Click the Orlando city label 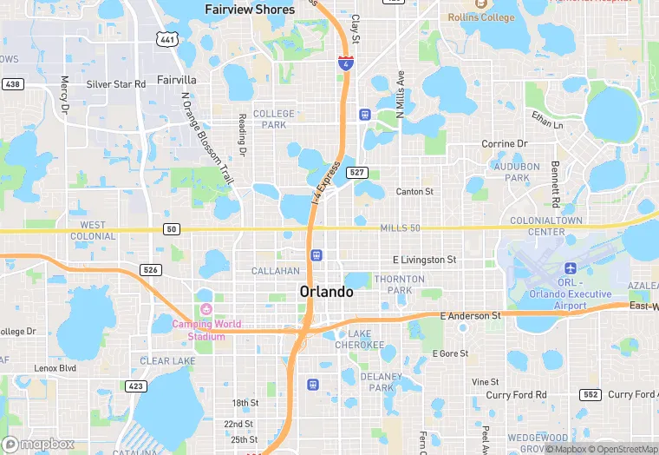tap(326, 292)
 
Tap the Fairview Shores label tap(250, 10)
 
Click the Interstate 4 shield tap(345, 63)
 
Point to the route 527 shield tap(357, 173)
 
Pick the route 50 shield tap(171, 228)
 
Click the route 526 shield tap(151, 270)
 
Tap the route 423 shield tap(134, 386)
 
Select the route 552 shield tap(589, 394)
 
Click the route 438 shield tap(12, 84)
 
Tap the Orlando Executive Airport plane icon tap(571, 268)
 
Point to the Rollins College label tap(481, 17)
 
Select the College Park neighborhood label tap(274, 119)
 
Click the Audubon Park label tap(516, 172)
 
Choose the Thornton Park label tap(399, 285)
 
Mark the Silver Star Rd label tap(116, 84)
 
